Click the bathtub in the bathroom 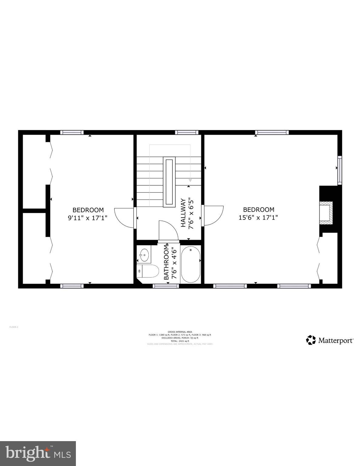click(x=191, y=264)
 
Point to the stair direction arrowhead click(x=190, y=180)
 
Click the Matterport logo click(x=330, y=340)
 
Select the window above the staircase click(x=186, y=132)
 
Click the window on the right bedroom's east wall click(x=340, y=170)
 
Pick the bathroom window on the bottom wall click(x=166, y=286)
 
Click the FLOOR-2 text click(x=14, y=327)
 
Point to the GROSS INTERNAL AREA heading click(x=180, y=332)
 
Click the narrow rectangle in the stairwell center click(x=169, y=182)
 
